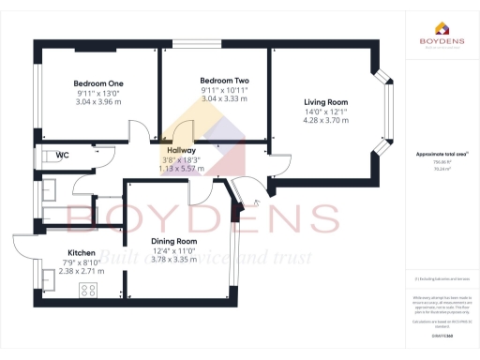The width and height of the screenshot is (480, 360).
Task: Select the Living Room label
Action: (x=325, y=101)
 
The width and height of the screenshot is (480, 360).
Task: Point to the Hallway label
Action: (x=181, y=150)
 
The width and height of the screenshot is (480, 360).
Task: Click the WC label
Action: (x=62, y=155)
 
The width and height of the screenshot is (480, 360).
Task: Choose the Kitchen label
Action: (x=82, y=253)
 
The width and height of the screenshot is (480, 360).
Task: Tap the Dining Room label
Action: (x=173, y=240)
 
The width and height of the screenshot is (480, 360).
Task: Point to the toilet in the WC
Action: (x=44, y=156)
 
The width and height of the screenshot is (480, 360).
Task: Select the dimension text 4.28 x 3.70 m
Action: (x=325, y=120)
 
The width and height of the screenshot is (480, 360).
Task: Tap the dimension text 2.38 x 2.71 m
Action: (x=82, y=271)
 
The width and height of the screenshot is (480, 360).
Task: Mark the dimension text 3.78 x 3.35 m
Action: (x=173, y=259)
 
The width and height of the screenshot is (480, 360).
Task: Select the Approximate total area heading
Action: (x=440, y=153)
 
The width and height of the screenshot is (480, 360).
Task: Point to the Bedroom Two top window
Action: (x=196, y=43)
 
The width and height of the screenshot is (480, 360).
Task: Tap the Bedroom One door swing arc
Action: (x=138, y=131)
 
